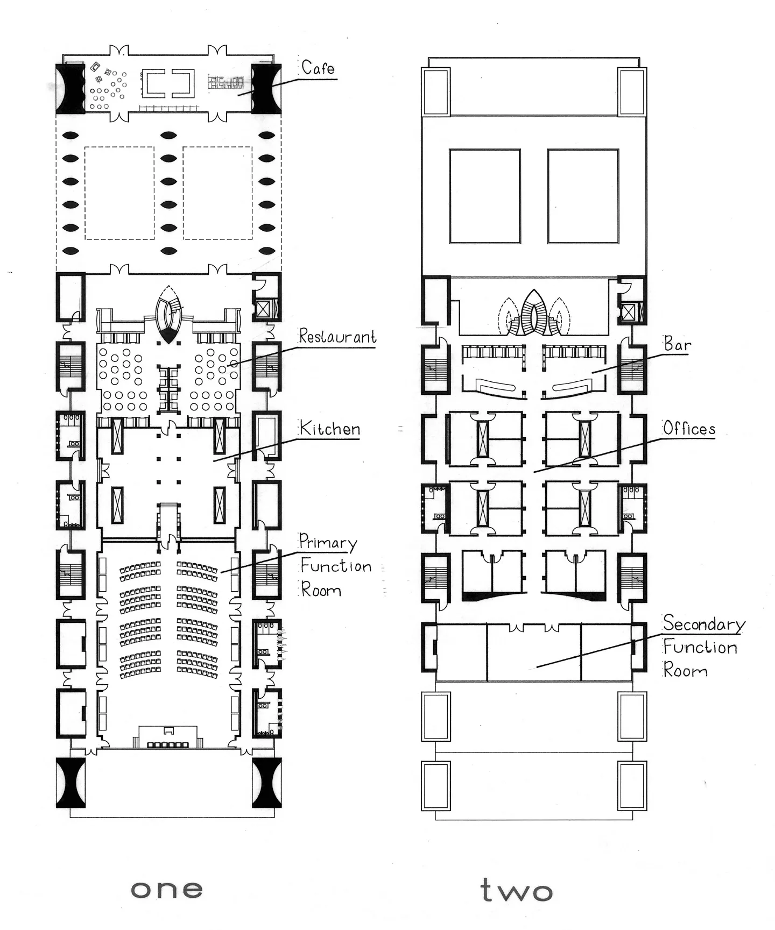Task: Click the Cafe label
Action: pos(318,68)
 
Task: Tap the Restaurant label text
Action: pos(337,336)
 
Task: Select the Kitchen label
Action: pos(329,429)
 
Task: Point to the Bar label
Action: pos(677,344)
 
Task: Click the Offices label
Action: pos(689,428)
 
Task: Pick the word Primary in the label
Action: pos(328,542)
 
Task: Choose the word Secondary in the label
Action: pos(703,623)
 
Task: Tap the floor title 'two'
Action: pos(517,890)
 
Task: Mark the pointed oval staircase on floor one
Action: pos(168,315)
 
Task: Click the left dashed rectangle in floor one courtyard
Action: pos(85,193)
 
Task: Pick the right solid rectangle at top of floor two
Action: pos(583,196)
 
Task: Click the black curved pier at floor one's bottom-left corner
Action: pos(71,783)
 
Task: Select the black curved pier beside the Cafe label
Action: pos(266,89)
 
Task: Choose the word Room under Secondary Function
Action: pos(685,670)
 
